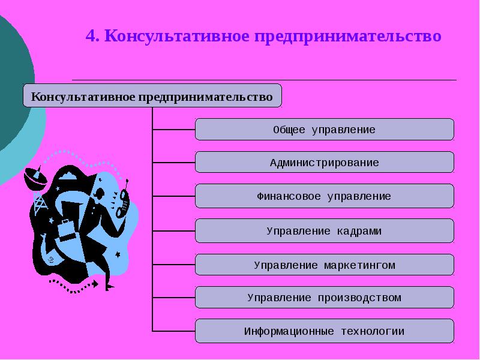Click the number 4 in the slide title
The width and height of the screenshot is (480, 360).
coord(91,37)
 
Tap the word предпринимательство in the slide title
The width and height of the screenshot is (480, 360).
coord(348,37)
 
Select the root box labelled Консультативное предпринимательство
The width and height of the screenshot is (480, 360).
coord(152,96)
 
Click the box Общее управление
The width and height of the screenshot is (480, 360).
coord(324,130)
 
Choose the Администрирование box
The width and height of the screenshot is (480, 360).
coord(324,163)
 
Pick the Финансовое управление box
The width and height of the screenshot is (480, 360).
coord(324,196)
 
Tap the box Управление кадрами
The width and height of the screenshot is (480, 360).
coord(324,231)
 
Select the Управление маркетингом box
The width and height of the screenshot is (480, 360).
coord(324,265)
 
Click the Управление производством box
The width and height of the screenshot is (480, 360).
coord(324,298)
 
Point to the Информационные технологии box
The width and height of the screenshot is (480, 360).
coord(324,331)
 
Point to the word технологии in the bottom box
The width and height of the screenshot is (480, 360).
coord(373,331)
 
